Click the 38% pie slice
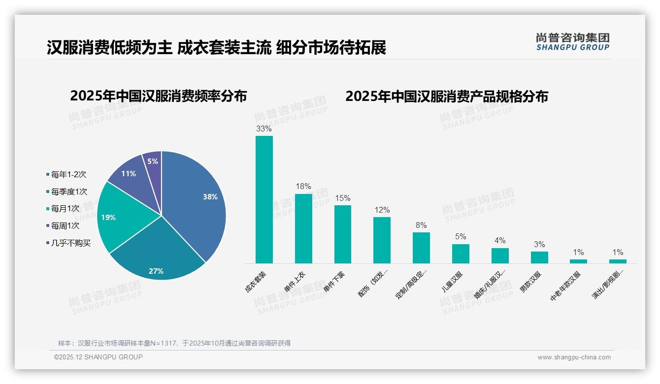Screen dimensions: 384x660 [x=197, y=197]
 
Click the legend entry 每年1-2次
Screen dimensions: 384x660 [x=68, y=174]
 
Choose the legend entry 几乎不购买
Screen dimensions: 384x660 [x=70, y=243]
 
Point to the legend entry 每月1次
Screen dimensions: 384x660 [x=65, y=209]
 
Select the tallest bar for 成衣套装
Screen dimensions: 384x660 [x=264, y=199]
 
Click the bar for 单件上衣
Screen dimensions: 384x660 [x=303, y=228]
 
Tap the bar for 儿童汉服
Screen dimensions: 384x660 [x=461, y=254]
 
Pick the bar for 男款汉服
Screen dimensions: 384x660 [x=539, y=257]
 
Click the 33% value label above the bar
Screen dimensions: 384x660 [x=264, y=128]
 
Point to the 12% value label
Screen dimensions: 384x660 [x=382, y=210]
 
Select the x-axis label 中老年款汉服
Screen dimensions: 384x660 [x=565, y=286]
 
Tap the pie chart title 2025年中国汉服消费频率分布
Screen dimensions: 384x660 [x=159, y=96]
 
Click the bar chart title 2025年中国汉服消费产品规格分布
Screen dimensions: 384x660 [x=446, y=96]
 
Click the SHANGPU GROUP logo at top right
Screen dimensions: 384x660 [x=572, y=42]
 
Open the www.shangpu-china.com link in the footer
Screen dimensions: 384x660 [x=574, y=357]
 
